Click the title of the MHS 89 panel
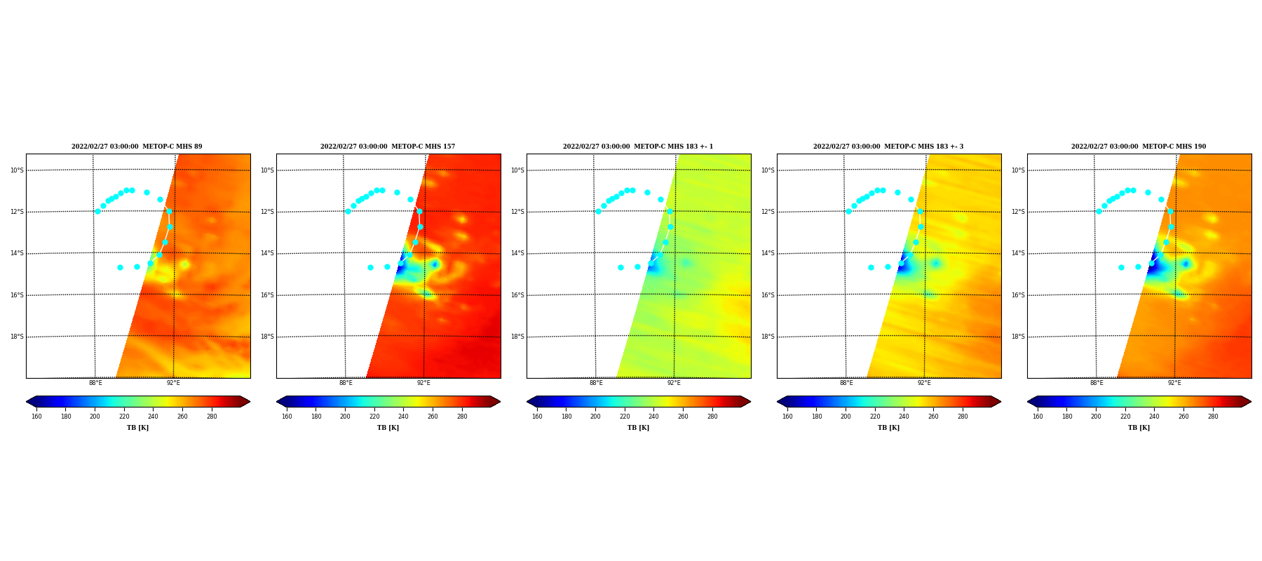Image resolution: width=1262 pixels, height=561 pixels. pos(137,147)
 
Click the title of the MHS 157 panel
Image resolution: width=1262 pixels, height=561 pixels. pos(388,147)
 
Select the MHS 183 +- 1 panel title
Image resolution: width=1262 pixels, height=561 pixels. pos(638,147)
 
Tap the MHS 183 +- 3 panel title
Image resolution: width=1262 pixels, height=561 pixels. pos(888,147)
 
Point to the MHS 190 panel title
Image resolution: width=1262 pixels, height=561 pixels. pos(1139,147)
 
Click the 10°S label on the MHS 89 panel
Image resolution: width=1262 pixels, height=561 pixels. pos(17,170)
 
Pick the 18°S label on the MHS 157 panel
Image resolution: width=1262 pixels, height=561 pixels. pos(267,337)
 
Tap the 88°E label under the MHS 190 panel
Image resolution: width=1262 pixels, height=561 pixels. pos(1097,383)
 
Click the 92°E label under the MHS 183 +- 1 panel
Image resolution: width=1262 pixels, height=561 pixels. pos(674,383)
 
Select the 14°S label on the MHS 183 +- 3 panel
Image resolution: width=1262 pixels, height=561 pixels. pos(768,253)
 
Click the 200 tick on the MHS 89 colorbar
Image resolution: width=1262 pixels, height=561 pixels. pos(95,417)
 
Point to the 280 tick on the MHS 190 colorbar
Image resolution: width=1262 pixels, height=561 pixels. pos(1213,417)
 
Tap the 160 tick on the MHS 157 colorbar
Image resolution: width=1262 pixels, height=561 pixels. pos(287,417)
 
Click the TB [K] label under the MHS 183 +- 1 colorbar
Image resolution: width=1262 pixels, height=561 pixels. pos(638,428)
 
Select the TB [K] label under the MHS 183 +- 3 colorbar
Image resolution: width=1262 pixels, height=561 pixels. pos(888,428)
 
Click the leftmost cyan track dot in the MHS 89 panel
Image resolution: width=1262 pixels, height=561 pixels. pos(97,211)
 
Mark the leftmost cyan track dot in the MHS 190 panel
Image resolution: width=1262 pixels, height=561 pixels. pos(1099,211)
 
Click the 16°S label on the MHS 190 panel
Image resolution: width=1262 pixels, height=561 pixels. pos(1018,295)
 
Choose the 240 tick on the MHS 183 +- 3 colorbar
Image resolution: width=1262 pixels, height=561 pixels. pos(904,417)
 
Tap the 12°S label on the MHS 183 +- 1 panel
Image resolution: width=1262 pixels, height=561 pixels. pos(517,212)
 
